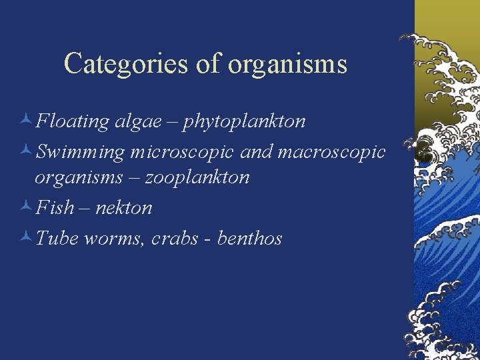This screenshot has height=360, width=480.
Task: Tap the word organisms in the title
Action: click(287, 64)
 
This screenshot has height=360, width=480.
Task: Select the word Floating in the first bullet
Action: click(73, 121)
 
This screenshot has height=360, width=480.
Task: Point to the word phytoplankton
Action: click(245, 121)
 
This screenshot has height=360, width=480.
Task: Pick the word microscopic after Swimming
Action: click(182, 152)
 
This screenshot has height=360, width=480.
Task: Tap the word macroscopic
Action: click(331, 152)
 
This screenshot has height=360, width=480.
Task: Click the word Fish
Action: click(55, 208)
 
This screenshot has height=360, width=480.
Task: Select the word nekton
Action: click(124, 208)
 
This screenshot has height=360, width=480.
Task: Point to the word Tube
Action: click(57, 238)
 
